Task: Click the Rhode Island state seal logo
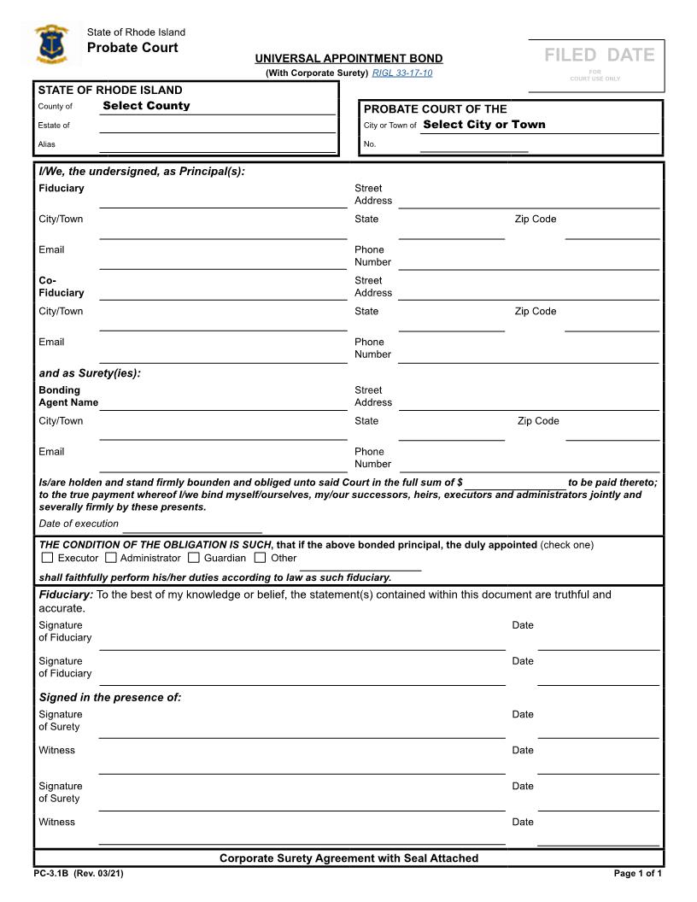click(x=52, y=45)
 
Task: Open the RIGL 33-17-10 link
click(x=402, y=73)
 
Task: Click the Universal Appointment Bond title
click(x=348, y=59)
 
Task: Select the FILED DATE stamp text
click(x=600, y=56)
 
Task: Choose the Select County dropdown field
click(x=146, y=106)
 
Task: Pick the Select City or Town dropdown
click(x=483, y=125)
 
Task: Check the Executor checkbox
click(x=47, y=558)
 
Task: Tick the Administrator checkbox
click(x=111, y=558)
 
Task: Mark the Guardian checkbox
click(x=194, y=558)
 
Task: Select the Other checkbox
click(x=261, y=558)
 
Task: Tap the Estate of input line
click(x=217, y=126)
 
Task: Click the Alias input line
click(x=217, y=145)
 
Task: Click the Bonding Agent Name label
click(x=68, y=396)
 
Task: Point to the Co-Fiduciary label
click(x=61, y=287)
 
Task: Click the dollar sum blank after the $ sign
click(x=515, y=483)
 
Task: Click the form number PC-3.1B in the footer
click(x=52, y=874)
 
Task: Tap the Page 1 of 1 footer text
click(x=637, y=874)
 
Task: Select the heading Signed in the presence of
click(x=110, y=698)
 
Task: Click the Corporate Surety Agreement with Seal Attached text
click(x=348, y=858)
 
